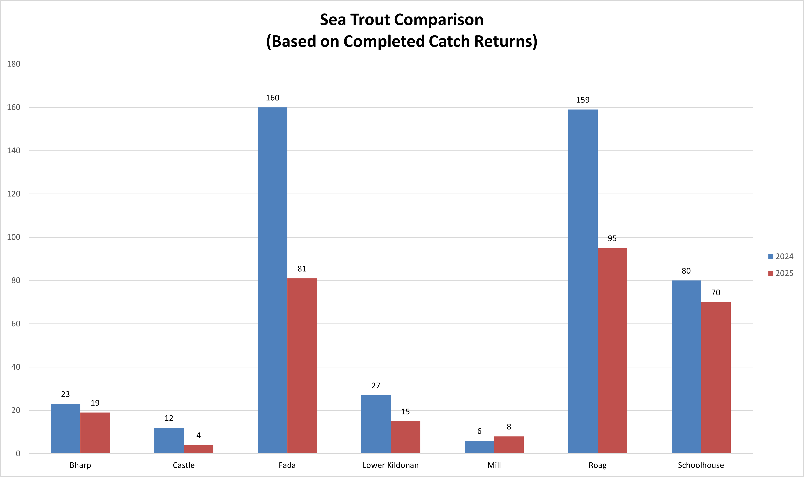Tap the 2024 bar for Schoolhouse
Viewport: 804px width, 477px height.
tap(686, 367)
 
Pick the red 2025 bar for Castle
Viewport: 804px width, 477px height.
tap(198, 449)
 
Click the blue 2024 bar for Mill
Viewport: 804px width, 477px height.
tap(479, 447)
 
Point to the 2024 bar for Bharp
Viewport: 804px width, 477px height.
tap(66, 429)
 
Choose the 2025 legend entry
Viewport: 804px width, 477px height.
tap(781, 273)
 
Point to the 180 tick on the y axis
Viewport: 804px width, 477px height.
tap(13, 64)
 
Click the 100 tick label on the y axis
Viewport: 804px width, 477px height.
tap(13, 237)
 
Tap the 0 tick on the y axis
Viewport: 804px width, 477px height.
tap(18, 454)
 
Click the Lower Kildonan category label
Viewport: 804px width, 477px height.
tap(390, 465)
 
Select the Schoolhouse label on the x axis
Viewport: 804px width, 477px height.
tap(701, 465)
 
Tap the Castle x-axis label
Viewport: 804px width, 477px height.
tap(184, 465)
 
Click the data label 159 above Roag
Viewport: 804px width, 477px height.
tap(583, 100)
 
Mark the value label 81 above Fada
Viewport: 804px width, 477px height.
tap(302, 269)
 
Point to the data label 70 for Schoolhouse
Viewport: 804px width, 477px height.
tap(716, 293)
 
